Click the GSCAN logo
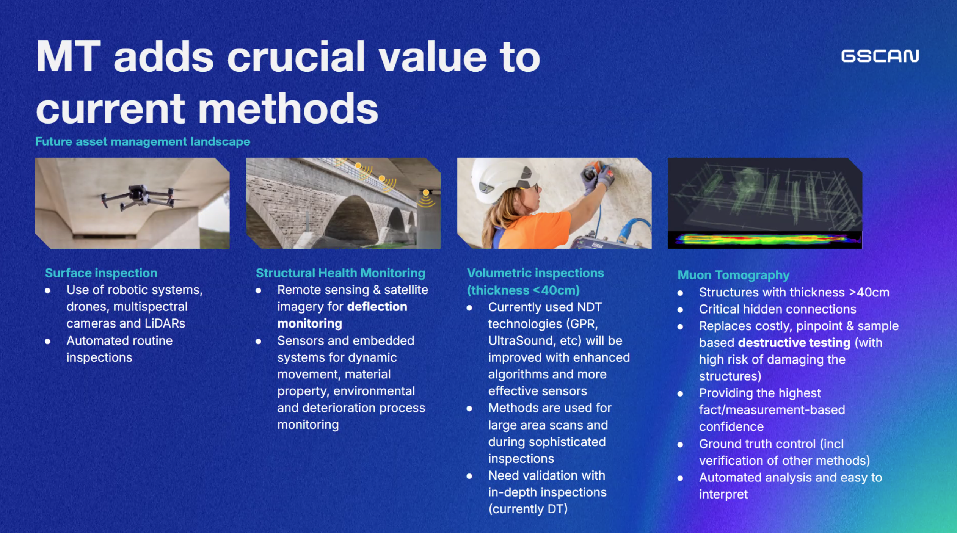[880, 56]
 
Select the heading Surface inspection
[101, 273]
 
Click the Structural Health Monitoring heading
[340, 273]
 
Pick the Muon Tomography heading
[733, 275]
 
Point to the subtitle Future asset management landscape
[143, 141]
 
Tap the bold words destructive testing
[794, 343]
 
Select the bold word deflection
[377, 306]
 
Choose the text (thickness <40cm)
[523, 290]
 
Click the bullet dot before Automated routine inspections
[47, 341]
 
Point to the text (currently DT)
[528, 509]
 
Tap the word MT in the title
[68, 57]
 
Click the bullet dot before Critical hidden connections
[680, 310]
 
